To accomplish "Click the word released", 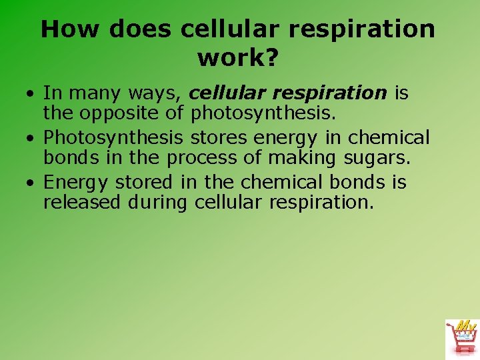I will (x=85, y=202).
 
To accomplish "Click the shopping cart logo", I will (x=461, y=339).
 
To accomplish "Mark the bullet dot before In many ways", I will (x=31, y=95).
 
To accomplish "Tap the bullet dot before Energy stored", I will (x=31, y=183).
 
